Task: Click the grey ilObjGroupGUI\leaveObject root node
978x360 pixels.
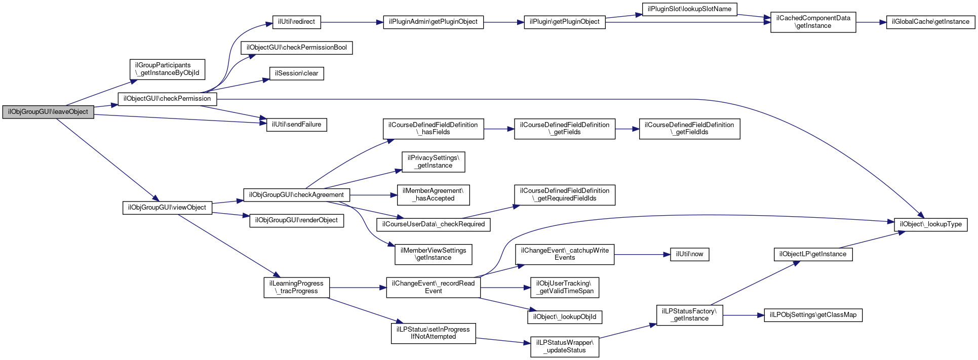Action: coord(48,112)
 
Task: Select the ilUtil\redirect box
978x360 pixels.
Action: coord(296,22)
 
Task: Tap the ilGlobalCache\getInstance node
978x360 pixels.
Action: coord(930,22)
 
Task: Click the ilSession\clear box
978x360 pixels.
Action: coord(296,73)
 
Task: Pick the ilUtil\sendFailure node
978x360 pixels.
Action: coord(296,125)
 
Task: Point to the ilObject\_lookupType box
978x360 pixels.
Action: coord(930,224)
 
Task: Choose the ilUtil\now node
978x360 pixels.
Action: coord(689,254)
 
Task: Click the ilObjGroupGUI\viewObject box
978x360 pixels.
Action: coord(167,208)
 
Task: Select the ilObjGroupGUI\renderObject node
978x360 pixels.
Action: coord(296,221)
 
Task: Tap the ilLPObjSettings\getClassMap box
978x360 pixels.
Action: coord(813,315)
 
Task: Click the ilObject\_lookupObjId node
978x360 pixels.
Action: coord(565,317)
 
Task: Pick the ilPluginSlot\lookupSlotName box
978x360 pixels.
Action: coord(689,9)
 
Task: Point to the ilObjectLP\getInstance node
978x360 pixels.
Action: coord(813,254)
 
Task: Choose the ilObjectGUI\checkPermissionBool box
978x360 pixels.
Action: coord(296,48)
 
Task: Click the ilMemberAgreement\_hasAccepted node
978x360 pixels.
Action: coord(433,195)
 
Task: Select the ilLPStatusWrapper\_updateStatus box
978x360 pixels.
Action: coord(565,347)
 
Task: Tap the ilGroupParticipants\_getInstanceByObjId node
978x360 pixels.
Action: coord(167,69)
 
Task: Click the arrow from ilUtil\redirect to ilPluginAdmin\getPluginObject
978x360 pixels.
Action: coord(352,22)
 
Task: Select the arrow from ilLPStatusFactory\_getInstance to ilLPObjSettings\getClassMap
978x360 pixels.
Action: coord(744,315)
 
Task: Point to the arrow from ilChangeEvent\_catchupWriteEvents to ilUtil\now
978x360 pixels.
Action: coord(642,254)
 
